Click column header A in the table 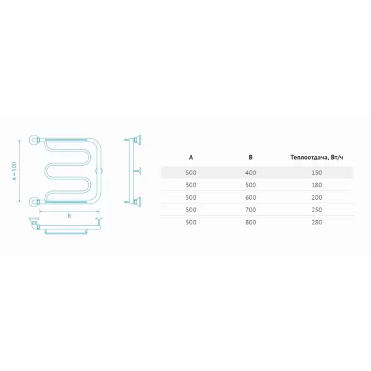tap(191, 157)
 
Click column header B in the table tap(250, 157)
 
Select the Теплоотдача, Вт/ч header tap(317, 158)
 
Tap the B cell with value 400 tap(250, 173)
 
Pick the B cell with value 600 tap(250, 198)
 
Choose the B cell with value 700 tap(250, 210)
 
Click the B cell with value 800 tap(250, 222)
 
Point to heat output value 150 tap(317, 173)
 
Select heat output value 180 tap(317, 185)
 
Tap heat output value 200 tap(317, 198)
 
